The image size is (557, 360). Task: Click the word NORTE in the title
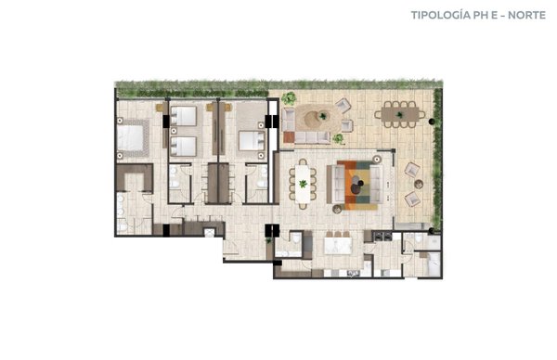(x=526, y=15)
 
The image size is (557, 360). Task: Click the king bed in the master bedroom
(x=131, y=138)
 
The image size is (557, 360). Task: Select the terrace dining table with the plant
(x=400, y=114)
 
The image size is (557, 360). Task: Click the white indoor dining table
(x=303, y=184)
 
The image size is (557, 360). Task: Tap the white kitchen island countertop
(x=338, y=246)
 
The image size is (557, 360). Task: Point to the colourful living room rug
(x=356, y=185)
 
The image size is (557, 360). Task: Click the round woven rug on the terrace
(x=318, y=118)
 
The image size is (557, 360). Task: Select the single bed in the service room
(x=434, y=264)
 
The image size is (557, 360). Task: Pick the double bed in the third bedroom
(x=252, y=141)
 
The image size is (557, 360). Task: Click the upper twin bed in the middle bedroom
(x=183, y=116)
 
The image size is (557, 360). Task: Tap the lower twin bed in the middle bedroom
(x=183, y=147)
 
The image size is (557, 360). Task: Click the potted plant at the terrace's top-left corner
(x=289, y=98)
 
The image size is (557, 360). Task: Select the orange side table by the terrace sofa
(x=289, y=137)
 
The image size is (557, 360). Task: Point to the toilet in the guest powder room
(x=295, y=238)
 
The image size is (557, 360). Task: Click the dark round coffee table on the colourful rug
(x=356, y=188)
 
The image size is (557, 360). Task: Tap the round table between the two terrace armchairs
(x=419, y=185)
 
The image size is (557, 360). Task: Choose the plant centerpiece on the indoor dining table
(x=303, y=184)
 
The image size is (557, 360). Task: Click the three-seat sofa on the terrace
(x=313, y=137)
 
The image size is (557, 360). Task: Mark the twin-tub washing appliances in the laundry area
(x=382, y=236)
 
